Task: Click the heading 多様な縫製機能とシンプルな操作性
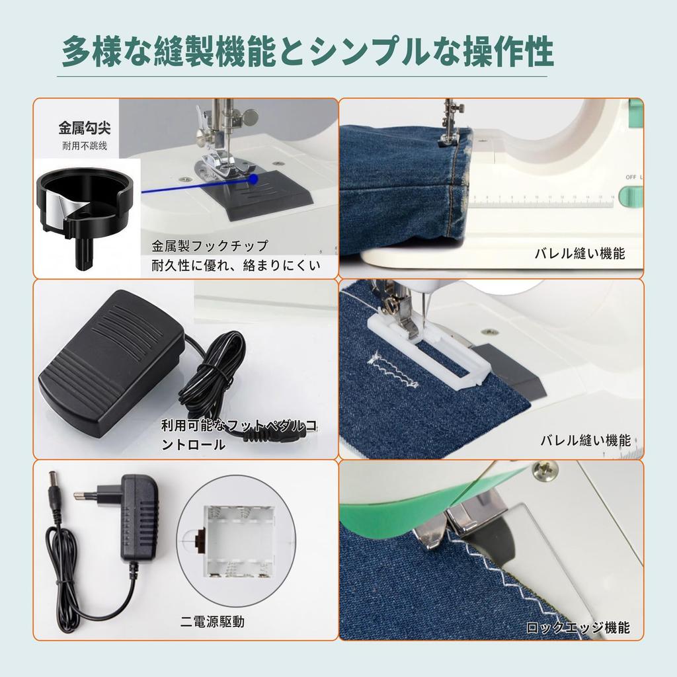click(307, 54)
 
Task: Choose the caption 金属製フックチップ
click(210, 247)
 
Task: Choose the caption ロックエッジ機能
click(578, 628)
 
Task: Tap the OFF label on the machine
click(631, 177)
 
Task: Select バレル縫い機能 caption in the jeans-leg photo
click(579, 253)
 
